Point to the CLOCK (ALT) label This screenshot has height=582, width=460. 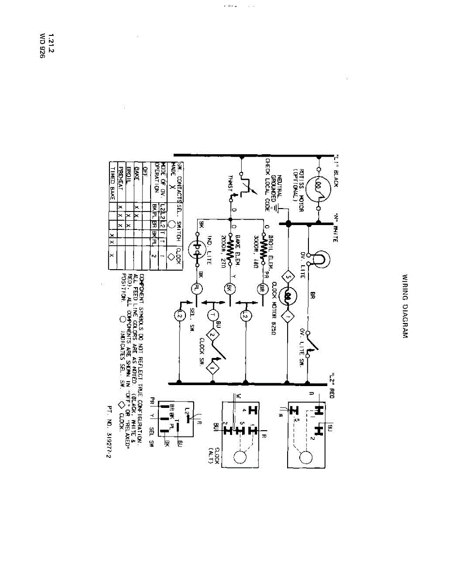tap(214, 454)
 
